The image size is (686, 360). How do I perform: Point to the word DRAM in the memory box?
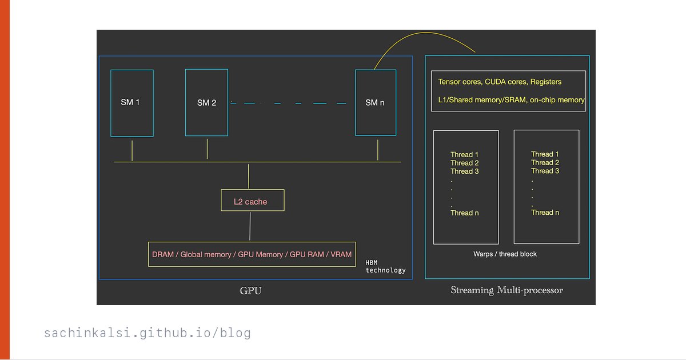[x=162, y=255]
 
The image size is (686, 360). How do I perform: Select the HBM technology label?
[x=385, y=267]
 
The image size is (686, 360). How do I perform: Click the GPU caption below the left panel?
[x=250, y=290]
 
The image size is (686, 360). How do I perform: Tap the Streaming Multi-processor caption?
[x=507, y=290]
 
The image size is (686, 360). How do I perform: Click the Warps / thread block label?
[x=505, y=254]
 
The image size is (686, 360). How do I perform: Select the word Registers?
[x=546, y=82]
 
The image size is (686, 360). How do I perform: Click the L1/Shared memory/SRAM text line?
[x=511, y=100]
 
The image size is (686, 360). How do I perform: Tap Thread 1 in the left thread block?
[x=464, y=155]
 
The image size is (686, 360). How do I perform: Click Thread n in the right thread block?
[x=545, y=213]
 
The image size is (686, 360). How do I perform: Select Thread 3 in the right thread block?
[x=545, y=171]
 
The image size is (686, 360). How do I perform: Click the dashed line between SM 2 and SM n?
[x=288, y=103]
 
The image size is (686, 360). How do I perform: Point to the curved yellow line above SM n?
[x=426, y=33]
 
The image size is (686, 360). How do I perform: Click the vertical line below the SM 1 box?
[x=132, y=151]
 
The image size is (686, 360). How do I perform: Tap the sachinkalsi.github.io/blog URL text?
[x=147, y=333]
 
